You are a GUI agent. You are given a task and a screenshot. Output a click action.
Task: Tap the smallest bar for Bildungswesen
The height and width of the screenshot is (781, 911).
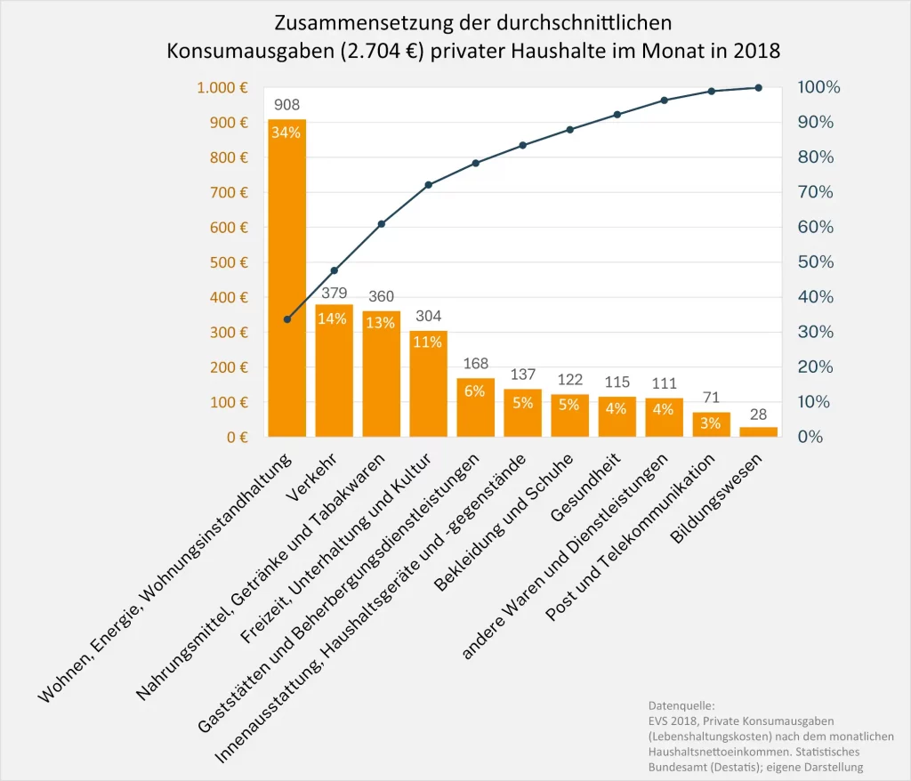[758, 431]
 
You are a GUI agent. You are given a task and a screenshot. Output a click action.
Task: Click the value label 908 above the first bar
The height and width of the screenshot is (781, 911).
[286, 105]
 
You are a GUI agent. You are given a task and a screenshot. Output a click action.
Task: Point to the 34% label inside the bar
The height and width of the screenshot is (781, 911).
[286, 133]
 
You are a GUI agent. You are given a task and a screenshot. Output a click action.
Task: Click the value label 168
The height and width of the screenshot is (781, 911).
[475, 364]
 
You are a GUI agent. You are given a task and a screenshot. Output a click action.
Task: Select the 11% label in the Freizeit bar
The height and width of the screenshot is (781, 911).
[428, 342]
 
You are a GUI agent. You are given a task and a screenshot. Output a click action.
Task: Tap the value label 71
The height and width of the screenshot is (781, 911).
[711, 398]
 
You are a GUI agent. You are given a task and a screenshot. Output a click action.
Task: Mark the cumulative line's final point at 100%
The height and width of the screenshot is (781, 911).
[758, 87]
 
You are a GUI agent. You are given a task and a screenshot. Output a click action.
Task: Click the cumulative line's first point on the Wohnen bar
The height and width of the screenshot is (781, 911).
[286, 319]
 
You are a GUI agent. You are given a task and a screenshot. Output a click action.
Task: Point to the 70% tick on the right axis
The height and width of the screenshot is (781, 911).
[815, 192]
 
